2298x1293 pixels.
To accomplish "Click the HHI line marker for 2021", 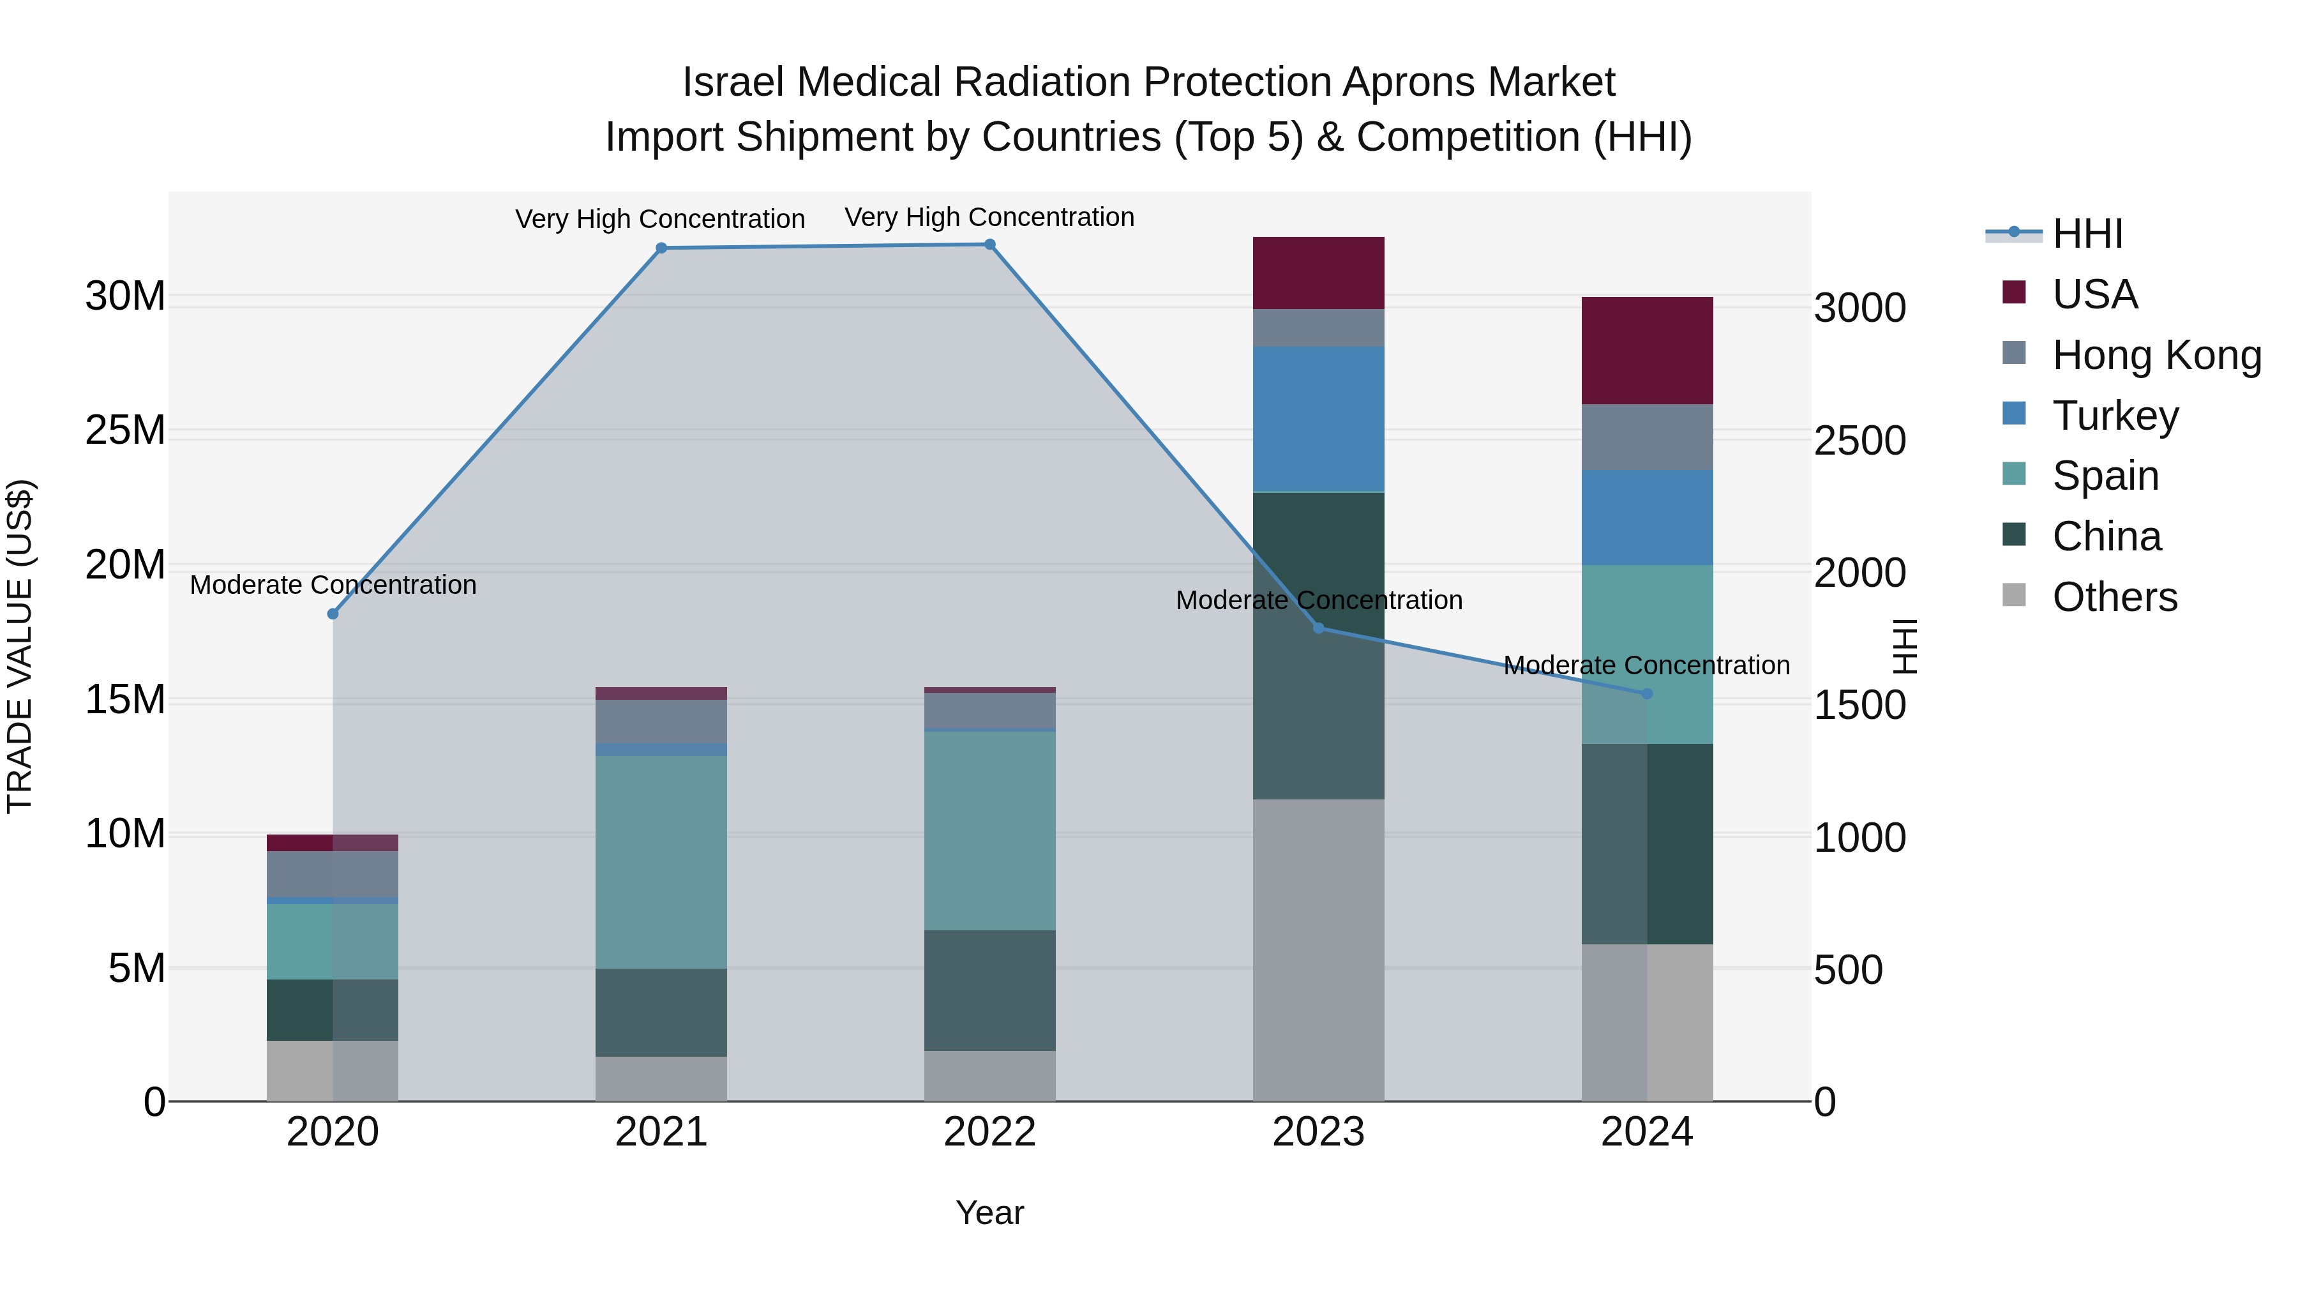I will pos(661,248).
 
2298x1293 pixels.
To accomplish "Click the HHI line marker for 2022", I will pos(989,245).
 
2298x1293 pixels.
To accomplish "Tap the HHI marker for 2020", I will pos(333,614).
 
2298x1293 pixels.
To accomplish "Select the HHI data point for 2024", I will pos(1647,693).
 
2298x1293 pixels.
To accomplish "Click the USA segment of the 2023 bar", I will pos(1319,273).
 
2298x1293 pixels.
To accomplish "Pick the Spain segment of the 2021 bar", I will pos(661,862).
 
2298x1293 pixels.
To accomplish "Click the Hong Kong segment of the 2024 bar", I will pos(1647,437).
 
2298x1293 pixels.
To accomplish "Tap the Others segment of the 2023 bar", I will pos(1319,949).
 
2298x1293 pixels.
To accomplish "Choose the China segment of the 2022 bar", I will pos(989,990).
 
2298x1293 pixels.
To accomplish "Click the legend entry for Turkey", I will pos(2114,416).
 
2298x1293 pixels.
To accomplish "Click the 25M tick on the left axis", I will pos(125,430).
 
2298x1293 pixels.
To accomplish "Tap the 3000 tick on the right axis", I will pos(1860,308).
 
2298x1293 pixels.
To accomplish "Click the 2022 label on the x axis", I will pos(989,1132).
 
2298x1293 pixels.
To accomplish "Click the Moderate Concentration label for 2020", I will pos(333,586).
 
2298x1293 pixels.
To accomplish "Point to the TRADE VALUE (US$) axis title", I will pos(20,646).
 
